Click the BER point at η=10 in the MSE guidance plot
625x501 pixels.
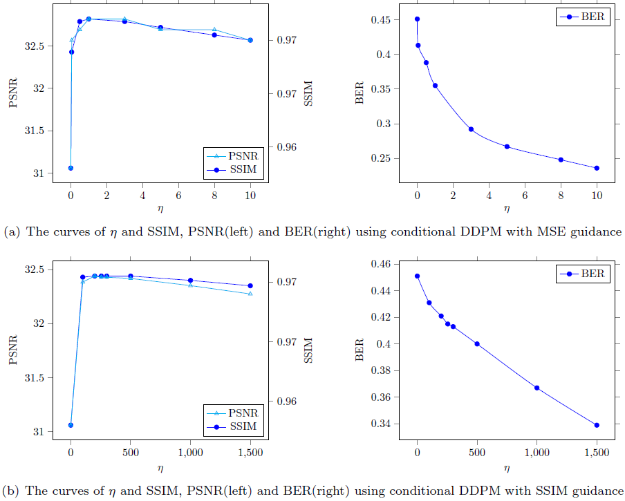pos(597,168)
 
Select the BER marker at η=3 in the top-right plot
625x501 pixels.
pos(471,129)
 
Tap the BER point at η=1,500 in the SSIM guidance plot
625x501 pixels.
pos(597,425)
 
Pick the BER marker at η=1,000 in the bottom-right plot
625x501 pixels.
pos(537,388)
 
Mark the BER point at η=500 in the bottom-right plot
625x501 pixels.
pos(477,343)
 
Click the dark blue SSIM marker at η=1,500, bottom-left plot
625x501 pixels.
pos(250,285)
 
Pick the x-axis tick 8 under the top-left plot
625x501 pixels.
pos(214,195)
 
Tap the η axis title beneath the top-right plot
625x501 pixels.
pos(507,208)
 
